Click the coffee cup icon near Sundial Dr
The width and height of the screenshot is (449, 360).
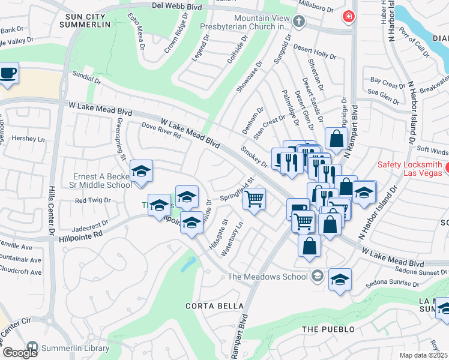click(x=8, y=74)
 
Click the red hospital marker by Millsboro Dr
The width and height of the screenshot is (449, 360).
click(x=347, y=16)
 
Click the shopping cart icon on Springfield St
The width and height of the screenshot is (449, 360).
click(x=255, y=198)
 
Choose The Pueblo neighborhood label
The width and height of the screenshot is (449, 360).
click(x=328, y=329)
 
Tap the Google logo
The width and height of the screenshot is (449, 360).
click(x=19, y=353)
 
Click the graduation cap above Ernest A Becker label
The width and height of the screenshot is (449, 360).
click(x=142, y=172)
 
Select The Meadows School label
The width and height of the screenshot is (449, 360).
click(x=268, y=277)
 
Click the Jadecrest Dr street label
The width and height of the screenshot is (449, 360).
click(x=89, y=229)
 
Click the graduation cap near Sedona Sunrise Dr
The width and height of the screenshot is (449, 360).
click(x=340, y=280)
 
